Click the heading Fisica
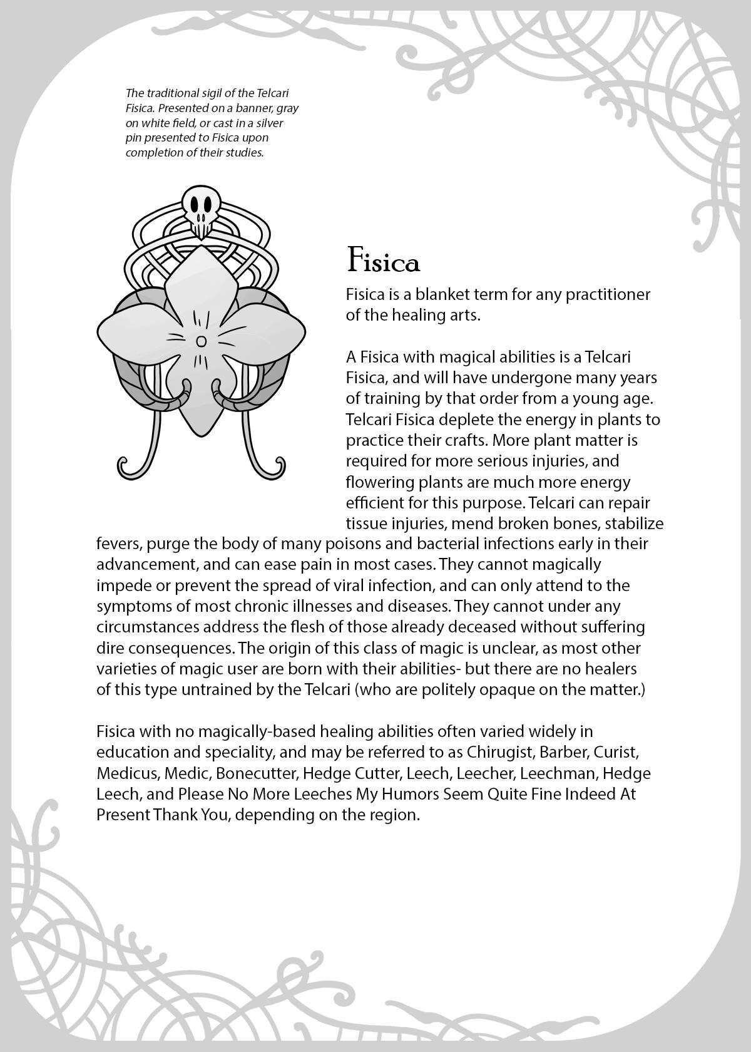pyautogui.click(x=383, y=261)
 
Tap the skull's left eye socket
pyautogui.click(x=195, y=205)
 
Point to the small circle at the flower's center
pyautogui.click(x=201, y=341)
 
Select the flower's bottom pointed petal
pyautogui.click(x=200, y=413)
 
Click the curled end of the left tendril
pyautogui.click(x=124, y=467)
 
